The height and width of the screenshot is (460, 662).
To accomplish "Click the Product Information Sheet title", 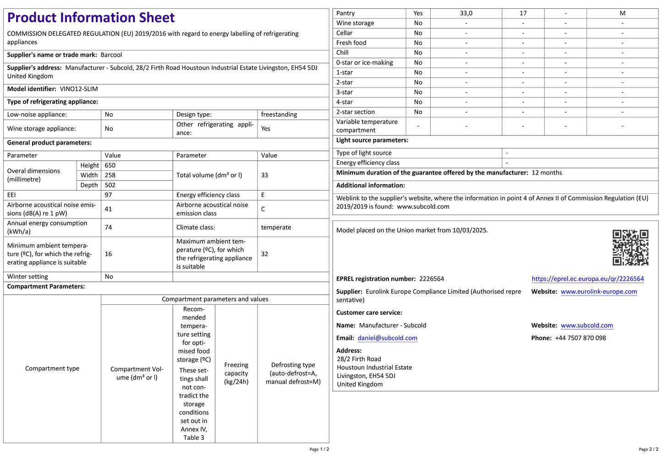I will pyautogui.click(x=91, y=18).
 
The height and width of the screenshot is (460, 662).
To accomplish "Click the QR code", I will pyautogui.click(x=630, y=247).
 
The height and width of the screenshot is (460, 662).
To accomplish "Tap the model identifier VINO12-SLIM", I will pyautogui.click(x=79, y=89).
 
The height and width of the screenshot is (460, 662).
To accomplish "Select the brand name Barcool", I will pyautogui.click(x=111, y=55).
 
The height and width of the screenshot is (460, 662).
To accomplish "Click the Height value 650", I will pyautogui.click(x=110, y=165).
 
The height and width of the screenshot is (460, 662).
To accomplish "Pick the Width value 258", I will pyautogui.click(x=110, y=175).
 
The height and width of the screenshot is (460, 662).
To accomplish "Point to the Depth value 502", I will pyautogui.click(x=110, y=185).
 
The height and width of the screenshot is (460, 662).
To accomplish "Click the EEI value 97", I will pyautogui.click(x=109, y=195).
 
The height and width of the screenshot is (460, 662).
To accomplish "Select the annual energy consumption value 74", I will pyautogui.click(x=109, y=227).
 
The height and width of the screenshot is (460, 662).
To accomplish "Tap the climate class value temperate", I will pyautogui.click(x=276, y=227).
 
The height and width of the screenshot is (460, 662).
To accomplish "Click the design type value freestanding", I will pyautogui.click(x=279, y=115).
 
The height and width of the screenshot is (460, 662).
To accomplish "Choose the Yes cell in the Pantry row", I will pyautogui.click(x=418, y=13).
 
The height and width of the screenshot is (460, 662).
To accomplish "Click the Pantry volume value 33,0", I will pyautogui.click(x=466, y=13).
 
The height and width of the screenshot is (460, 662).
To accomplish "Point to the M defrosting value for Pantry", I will pyautogui.click(x=622, y=13).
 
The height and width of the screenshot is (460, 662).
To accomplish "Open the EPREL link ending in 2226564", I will pyautogui.click(x=587, y=279).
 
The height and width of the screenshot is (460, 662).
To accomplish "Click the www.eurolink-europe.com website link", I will pyautogui.click(x=599, y=292).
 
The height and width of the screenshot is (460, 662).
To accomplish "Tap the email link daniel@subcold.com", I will pyautogui.click(x=388, y=338).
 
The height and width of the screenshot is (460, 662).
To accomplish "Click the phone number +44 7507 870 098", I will pyautogui.click(x=580, y=338).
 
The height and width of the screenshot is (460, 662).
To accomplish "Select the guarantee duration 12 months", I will pyautogui.click(x=547, y=173).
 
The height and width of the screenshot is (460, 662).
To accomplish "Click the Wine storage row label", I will pyautogui.click(x=355, y=23).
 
